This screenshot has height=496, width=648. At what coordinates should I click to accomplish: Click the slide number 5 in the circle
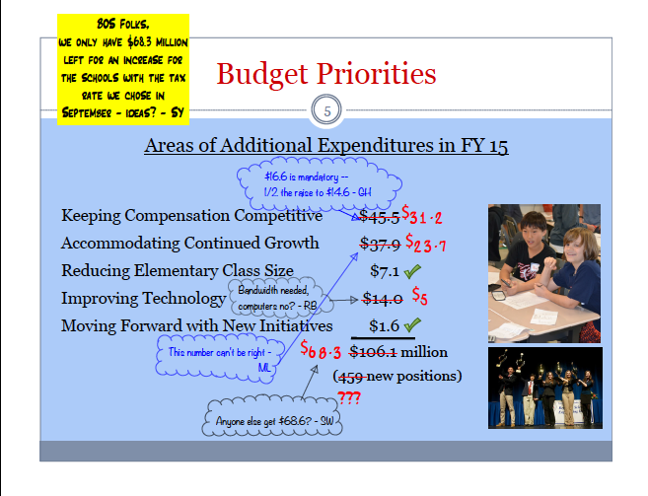point(326,111)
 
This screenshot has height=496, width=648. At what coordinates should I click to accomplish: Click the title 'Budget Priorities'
point(326,74)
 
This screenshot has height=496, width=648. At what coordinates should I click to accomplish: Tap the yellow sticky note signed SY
point(123,69)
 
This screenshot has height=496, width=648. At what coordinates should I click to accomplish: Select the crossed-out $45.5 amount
point(379,217)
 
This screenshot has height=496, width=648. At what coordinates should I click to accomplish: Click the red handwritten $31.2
point(422,215)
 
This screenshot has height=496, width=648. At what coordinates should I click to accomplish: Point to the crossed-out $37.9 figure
point(380,245)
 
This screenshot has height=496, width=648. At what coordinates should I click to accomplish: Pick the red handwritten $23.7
point(426,244)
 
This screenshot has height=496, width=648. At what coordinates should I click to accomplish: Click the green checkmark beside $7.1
point(412,271)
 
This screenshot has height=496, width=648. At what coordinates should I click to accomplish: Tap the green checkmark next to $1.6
point(412,325)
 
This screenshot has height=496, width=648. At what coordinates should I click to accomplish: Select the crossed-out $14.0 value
point(383,299)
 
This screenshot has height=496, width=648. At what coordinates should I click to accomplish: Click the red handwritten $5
point(419,296)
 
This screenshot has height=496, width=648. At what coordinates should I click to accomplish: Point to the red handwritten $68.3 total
point(321,350)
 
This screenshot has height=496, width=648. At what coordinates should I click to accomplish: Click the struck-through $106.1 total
point(373,352)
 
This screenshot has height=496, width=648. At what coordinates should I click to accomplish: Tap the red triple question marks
point(349,397)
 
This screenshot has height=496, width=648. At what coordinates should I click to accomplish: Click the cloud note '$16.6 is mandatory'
point(319,184)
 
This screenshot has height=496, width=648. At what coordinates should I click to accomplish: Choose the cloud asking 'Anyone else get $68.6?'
point(272,416)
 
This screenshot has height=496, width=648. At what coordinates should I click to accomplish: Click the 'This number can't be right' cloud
point(220,358)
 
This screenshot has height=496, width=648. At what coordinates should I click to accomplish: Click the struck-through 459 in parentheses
point(351,377)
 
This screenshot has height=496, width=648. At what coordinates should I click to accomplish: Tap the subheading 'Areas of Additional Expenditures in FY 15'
point(326,146)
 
